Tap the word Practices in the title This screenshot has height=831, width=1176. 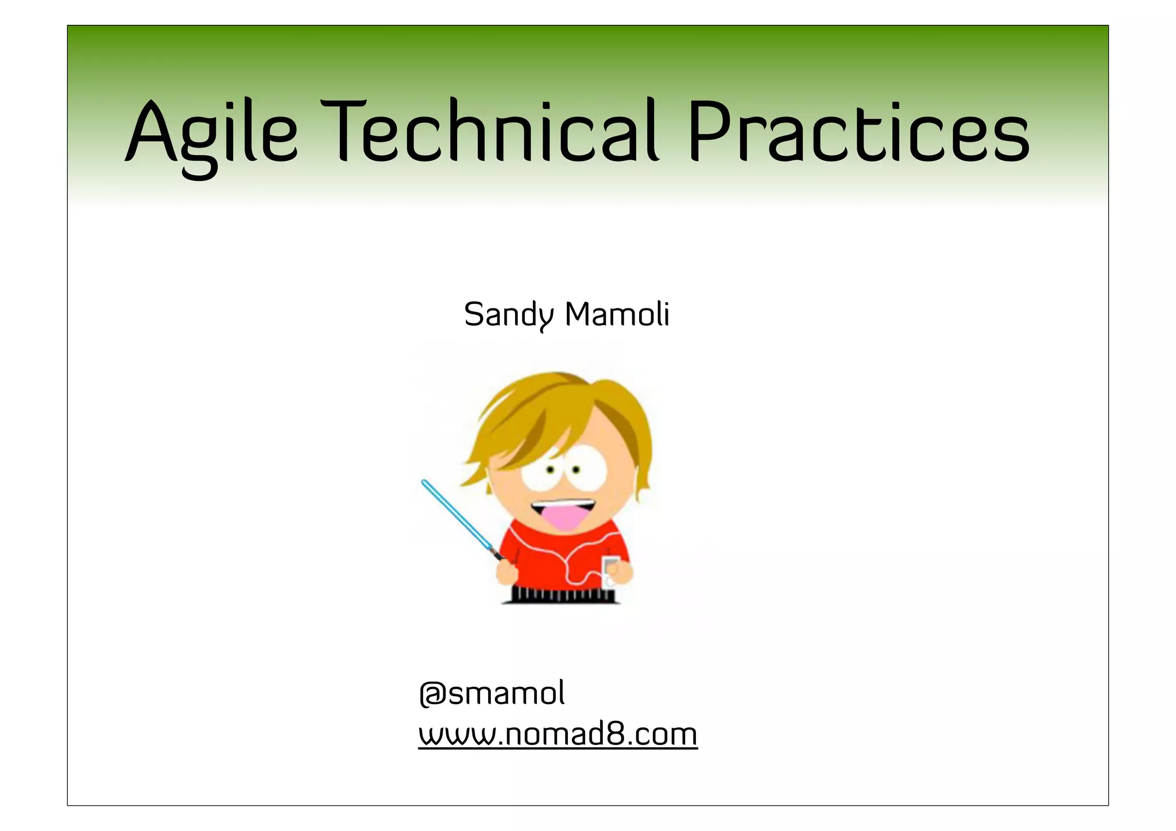tap(858, 132)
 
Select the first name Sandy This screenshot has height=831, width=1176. tap(509, 315)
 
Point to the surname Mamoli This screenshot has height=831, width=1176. tap(617, 315)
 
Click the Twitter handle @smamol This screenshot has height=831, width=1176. tap(492, 693)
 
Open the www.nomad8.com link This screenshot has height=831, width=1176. tap(558, 735)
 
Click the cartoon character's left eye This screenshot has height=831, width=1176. tap(550, 470)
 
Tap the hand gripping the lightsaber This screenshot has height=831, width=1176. tap(507, 572)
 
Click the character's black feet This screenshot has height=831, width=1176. tap(560, 596)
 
